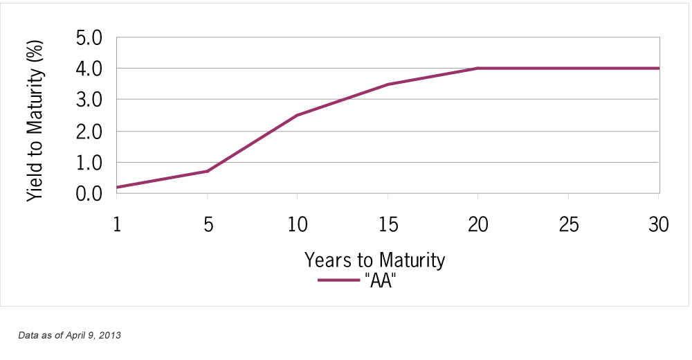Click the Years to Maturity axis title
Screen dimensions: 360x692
tap(374, 260)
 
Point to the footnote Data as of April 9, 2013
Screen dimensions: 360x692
tap(70, 336)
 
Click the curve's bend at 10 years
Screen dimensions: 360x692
tap(297, 115)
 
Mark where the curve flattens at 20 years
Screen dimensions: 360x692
tap(477, 68)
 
